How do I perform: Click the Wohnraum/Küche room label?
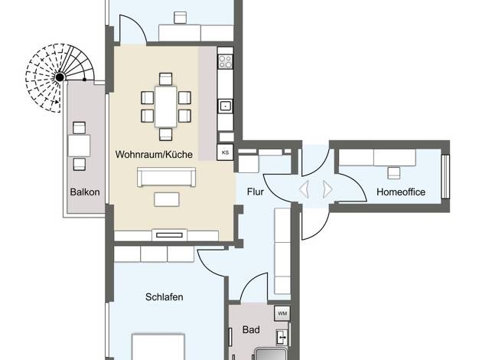coord(154,154)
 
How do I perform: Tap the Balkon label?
coord(85,192)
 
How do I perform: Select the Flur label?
coord(256,191)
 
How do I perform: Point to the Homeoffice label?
coord(401,191)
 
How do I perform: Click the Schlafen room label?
coord(165,297)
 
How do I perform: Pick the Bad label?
coord(251,329)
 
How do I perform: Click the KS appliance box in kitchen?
coord(225,152)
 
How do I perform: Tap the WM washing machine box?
coord(282,313)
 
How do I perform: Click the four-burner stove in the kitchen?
coord(226,62)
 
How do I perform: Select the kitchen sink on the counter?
coord(226,106)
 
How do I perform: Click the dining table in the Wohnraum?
coord(165,106)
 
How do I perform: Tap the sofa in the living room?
coord(167,177)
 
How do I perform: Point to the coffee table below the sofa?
coord(167,199)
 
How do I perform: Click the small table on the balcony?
coord(79,146)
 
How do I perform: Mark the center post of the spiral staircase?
coord(60,77)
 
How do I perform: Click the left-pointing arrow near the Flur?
coord(304,189)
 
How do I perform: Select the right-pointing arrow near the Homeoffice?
coord(327,189)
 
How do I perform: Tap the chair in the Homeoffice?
coord(394,173)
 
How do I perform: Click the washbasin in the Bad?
coord(282,337)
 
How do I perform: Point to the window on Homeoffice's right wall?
coord(445,176)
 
